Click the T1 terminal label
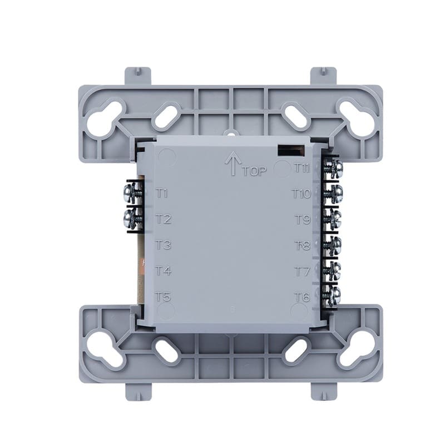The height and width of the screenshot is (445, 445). pos(162,194)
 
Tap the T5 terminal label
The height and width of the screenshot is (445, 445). pos(164,297)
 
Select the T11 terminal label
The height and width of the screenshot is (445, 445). pos(301,169)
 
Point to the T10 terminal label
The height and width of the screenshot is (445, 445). pos(302,194)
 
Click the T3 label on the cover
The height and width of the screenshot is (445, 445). pos(164,245)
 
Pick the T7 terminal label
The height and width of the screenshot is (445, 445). pos(303,271)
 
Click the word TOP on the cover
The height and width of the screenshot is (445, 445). pos(255,171)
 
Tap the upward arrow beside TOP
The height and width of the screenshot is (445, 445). pos(233,163)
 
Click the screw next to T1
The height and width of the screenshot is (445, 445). pos(133,193)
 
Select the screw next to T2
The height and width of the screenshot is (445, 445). pos(133,219)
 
